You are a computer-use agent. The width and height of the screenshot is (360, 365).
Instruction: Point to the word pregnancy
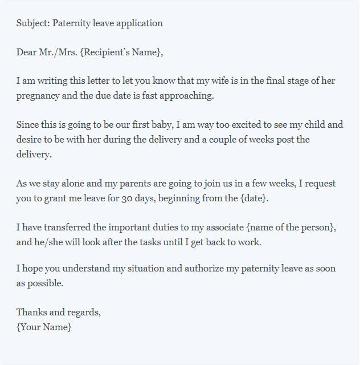[38, 96]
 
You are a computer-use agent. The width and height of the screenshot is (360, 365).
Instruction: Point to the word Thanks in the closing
[31, 313]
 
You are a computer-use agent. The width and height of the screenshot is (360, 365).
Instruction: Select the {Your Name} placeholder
[44, 327]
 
